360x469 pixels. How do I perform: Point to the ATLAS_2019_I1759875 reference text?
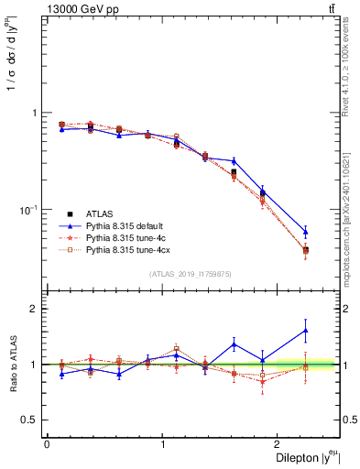[191, 274]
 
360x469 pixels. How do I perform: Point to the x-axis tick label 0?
[47, 444]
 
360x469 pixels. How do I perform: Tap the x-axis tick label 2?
[278, 444]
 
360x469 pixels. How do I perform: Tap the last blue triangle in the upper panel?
[306, 232]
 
